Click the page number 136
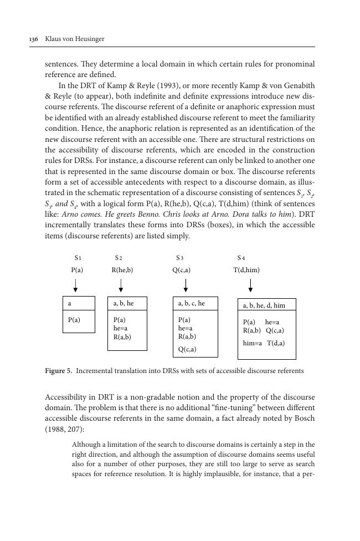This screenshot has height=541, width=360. [33, 39]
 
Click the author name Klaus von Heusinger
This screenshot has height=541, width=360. [74, 39]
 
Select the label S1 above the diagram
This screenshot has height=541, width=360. [78, 258]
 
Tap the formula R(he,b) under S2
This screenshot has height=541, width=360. [122, 270]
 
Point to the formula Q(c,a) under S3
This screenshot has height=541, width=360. [181, 270]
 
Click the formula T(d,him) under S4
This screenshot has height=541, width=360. [246, 270]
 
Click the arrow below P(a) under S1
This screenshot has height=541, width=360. [75, 286]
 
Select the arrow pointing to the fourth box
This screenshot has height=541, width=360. [251, 286]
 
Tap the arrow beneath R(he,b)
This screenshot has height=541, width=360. [121, 286]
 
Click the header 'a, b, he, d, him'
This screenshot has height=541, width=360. [264, 305]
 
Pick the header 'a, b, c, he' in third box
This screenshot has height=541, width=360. [191, 304]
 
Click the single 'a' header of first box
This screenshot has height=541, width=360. [69, 304]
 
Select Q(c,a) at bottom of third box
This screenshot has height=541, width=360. [187, 350]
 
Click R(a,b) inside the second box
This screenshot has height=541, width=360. [122, 336]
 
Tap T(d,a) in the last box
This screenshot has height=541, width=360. [276, 343]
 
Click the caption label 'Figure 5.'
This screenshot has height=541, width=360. [58, 371]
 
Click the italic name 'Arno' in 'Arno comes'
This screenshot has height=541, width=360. [69, 215]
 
